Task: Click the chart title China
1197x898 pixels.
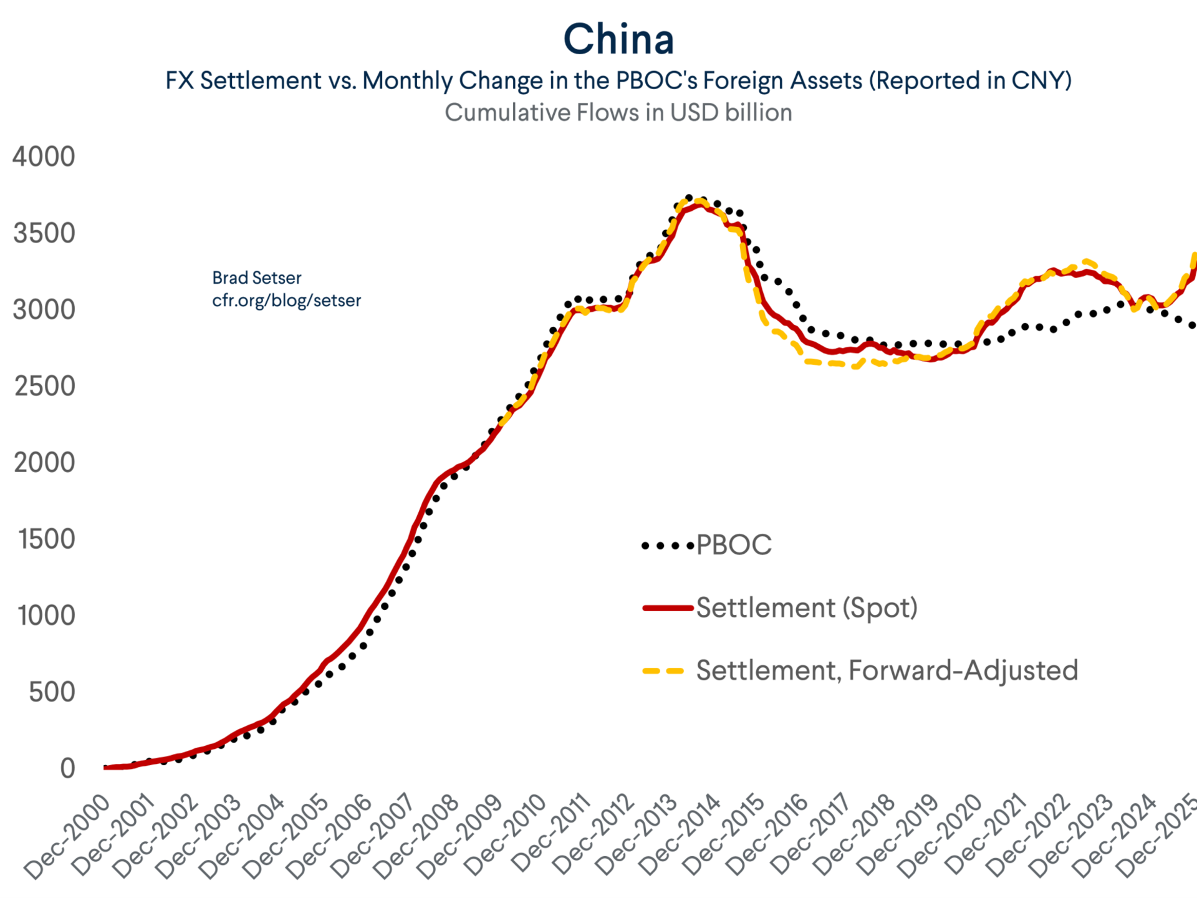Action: pyautogui.click(x=618, y=40)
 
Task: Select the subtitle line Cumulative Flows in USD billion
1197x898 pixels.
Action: pyautogui.click(x=618, y=113)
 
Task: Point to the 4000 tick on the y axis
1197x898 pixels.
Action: pyautogui.click(x=44, y=157)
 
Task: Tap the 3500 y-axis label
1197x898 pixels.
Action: pyautogui.click(x=44, y=233)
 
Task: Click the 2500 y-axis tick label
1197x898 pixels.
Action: pyautogui.click(x=44, y=387)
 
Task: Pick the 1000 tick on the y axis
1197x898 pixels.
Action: pyautogui.click(x=46, y=616)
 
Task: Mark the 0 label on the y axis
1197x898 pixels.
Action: pyautogui.click(x=67, y=769)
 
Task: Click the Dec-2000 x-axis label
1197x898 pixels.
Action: pyautogui.click(x=67, y=836)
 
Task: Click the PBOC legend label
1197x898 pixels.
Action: pyautogui.click(x=734, y=545)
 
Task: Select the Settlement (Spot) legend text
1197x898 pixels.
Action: pyautogui.click(x=807, y=608)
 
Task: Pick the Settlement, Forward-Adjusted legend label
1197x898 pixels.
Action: pyautogui.click(x=887, y=671)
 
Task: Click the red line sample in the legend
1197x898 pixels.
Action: pyautogui.click(x=668, y=608)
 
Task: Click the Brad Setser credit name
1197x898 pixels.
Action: pyautogui.click(x=256, y=278)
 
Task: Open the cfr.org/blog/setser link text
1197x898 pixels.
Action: pyautogui.click(x=286, y=301)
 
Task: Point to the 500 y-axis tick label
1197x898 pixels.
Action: pyautogui.click(x=52, y=692)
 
